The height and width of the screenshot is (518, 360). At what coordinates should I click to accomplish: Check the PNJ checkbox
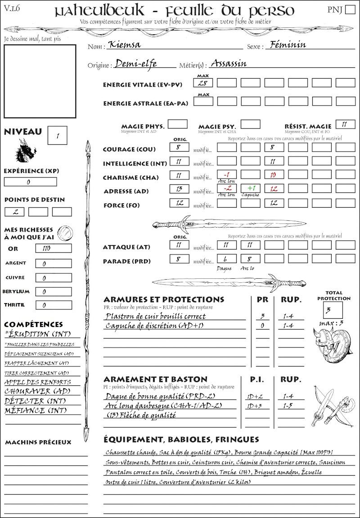pyautogui.click(x=349, y=10)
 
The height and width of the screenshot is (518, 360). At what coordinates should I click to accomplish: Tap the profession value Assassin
pyautogui.click(x=229, y=63)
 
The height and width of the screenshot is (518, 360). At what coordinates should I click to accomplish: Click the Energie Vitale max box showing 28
pyautogui.click(x=203, y=83)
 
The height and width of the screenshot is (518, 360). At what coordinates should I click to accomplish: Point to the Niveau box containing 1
pyautogui.click(x=58, y=135)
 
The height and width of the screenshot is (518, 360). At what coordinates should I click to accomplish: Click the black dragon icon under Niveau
pyautogui.click(x=26, y=151)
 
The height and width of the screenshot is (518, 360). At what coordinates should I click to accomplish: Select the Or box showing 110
pyautogui.click(x=53, y=248)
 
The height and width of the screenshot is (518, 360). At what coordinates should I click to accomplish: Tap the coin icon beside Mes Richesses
pyautogui.click(x=64, y=233)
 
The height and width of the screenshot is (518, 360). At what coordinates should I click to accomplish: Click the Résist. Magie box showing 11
pyautogui.click(x=345, y=124)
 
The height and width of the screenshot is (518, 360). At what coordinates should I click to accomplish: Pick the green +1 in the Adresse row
pyautogui.click(x=251, y=188)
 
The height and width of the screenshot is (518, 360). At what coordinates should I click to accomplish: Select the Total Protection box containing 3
pyautogui.click(x=333, y=310)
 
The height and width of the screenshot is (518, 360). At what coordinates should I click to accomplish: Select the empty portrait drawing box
pyautogui.click(x=40, y=81)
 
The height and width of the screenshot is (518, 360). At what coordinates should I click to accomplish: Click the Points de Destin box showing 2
pyautogui.click(x=14, y=212)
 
